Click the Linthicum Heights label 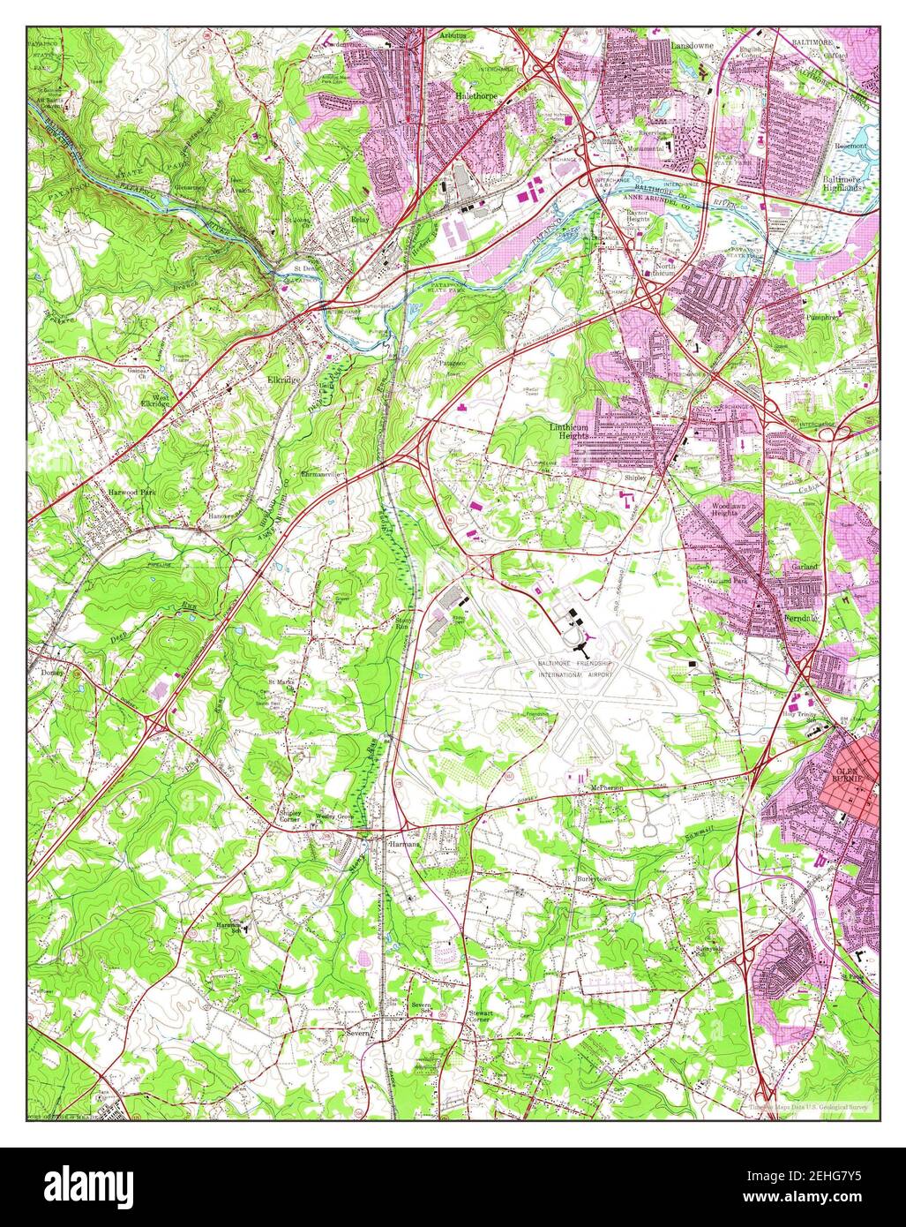click(565, 431)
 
